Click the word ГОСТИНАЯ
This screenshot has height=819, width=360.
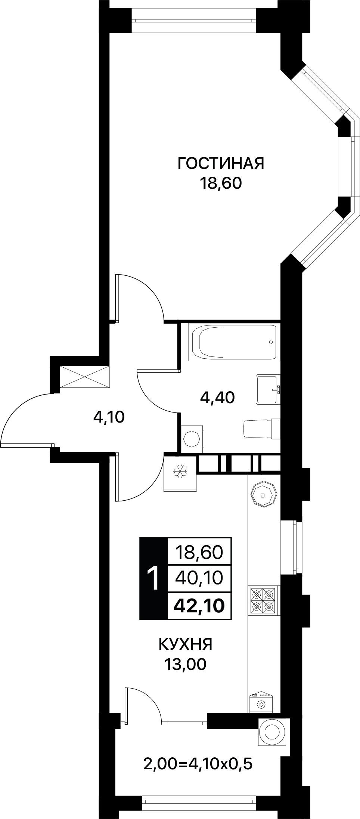(221, 163)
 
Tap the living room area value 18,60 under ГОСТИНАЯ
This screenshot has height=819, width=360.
(221, 183)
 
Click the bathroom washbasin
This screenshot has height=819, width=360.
(268, 390)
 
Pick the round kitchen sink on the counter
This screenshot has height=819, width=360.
(264, 495)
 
